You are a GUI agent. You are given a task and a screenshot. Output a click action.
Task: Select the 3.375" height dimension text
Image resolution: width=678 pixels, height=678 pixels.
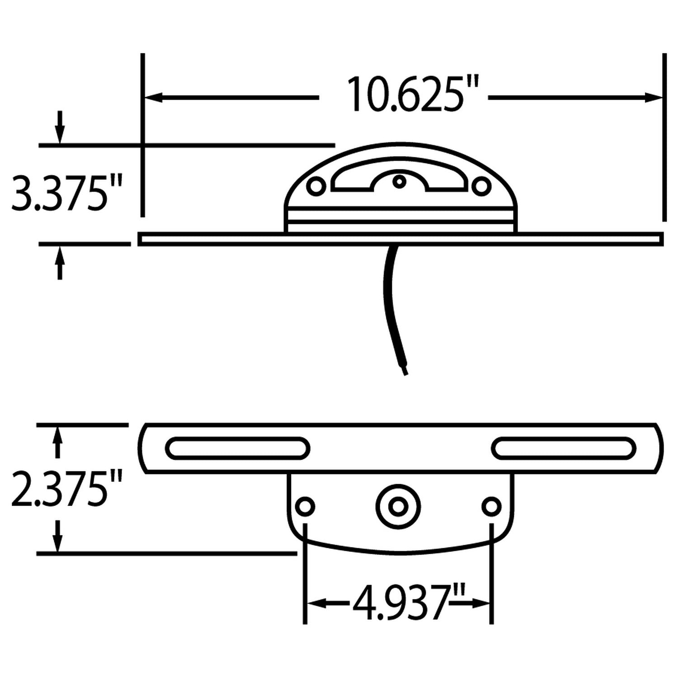[66, 193]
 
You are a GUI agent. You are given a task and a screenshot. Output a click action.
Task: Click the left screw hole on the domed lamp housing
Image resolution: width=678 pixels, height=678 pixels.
[316, 186]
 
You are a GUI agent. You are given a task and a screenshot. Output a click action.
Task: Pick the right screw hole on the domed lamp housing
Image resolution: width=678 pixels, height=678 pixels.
[481, 186]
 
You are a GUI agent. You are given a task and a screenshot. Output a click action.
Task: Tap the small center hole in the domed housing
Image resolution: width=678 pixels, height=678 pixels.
[399, 182]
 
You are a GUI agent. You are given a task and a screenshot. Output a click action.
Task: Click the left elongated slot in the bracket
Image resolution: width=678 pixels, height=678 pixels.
[238, 448]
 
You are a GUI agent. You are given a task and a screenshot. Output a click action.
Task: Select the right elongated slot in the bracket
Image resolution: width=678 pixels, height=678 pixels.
[563, 448]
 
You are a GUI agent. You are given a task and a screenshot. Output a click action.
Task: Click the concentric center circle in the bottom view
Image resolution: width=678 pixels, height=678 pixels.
[398, 507]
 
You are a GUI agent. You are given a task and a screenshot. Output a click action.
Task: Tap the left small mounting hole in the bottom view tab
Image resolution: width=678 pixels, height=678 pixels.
[306, 506]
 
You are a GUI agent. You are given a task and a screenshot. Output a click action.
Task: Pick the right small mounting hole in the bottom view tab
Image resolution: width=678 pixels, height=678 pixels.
[491, 506]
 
